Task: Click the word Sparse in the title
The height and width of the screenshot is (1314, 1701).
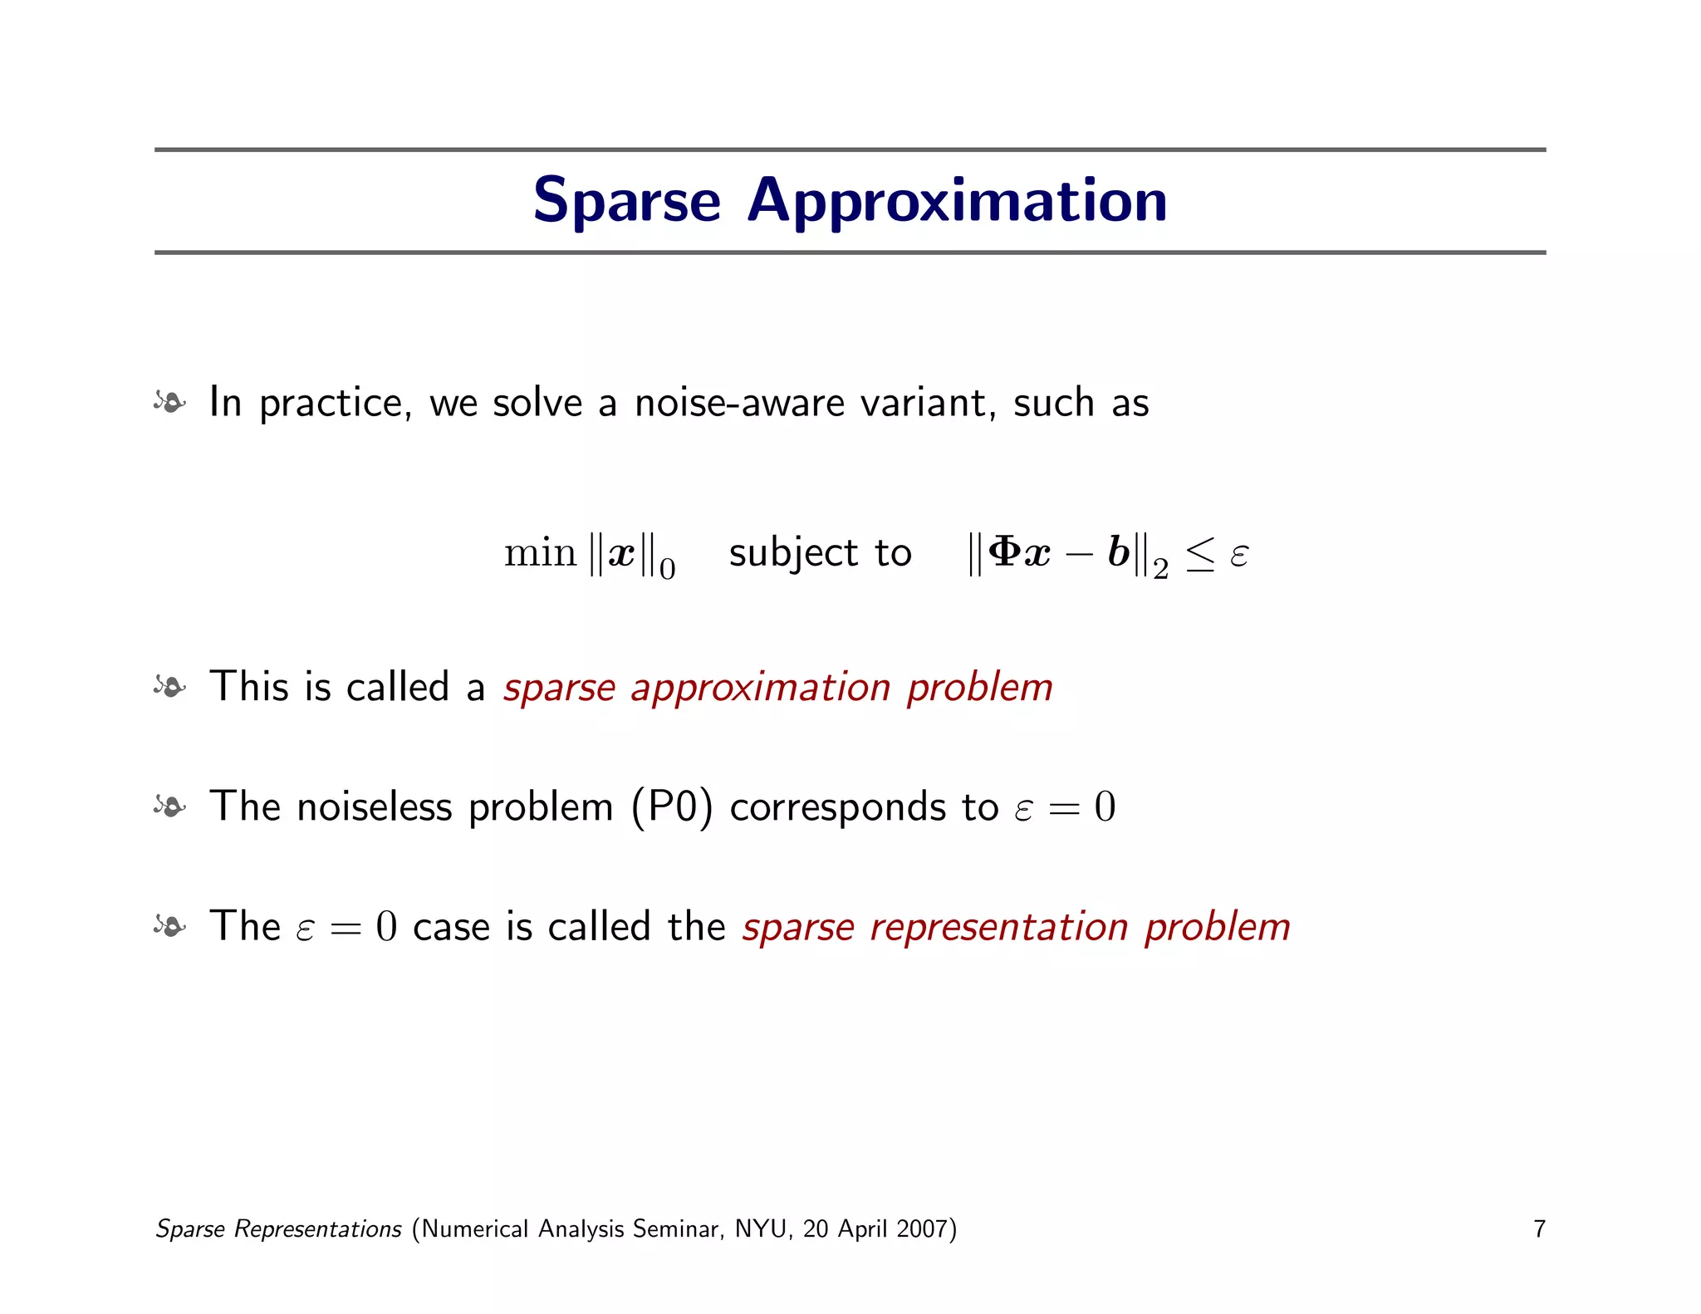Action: tap(626, 201)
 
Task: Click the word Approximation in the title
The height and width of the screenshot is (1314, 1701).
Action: tap(957, 201)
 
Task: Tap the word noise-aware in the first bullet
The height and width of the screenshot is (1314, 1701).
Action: tap(738, 403)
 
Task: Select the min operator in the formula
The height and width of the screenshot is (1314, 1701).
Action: tap(540, 552)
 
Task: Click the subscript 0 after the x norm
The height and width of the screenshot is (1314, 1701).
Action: tap(668, 570)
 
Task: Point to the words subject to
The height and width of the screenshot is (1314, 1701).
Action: tap(820, 553)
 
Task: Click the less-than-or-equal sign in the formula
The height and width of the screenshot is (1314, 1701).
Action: tap(1199, 554)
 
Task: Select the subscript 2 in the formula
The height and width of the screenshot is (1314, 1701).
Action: tap(1160, 570)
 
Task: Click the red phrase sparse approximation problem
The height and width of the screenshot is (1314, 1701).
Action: tap(777, 688)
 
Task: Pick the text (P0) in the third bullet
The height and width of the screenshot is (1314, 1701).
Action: tap(672, 807)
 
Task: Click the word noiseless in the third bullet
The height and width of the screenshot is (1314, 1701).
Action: tap(374, 807)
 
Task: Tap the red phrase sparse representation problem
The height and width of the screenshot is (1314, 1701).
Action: tap(1016, 927)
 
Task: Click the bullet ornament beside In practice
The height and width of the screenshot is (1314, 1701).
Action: tap(169, 403)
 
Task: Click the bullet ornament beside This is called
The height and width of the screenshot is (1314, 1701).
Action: tap(169, 687)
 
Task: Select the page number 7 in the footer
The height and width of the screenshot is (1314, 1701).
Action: tap(1539, 1229)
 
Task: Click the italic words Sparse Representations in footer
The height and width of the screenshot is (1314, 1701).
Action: tap(279, 1229)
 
